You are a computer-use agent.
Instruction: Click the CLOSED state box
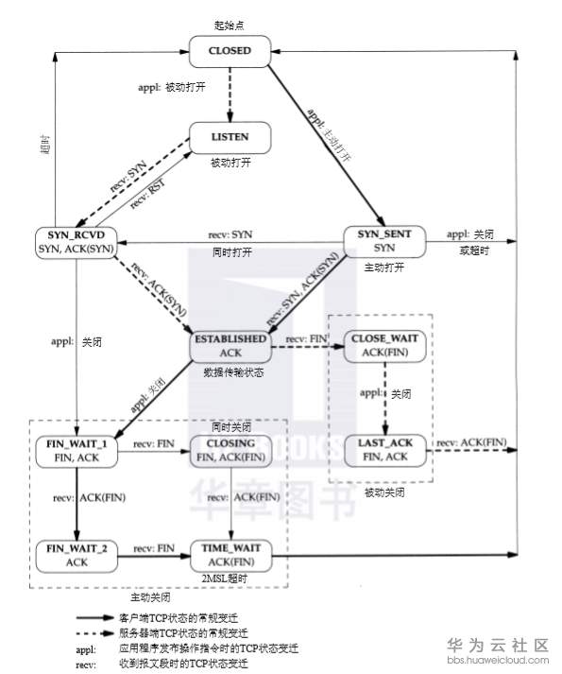pyautogui.click(x=231, y=51)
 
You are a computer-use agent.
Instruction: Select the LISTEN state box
pyautogui.click(x=231, y=138)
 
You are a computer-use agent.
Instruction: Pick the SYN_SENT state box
pyautogui.click(x=384, y=240)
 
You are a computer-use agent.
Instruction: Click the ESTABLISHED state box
pyautogui.click(x=230, y=344)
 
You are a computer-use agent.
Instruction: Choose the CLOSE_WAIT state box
pyautogui.click(x=384, y=344)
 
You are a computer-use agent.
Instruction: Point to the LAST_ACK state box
pyautogui.click(x=384, y=449)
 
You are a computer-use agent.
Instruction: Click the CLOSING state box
pyautogui.click(x=230, y=450)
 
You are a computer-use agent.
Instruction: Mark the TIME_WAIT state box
pyautogui.click(x=230, y=554)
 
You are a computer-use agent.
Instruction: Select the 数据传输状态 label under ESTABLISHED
pyautogui.click(x=230, y=373)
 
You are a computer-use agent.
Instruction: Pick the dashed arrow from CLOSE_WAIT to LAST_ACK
pyautogui.click(x=384, y=397)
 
